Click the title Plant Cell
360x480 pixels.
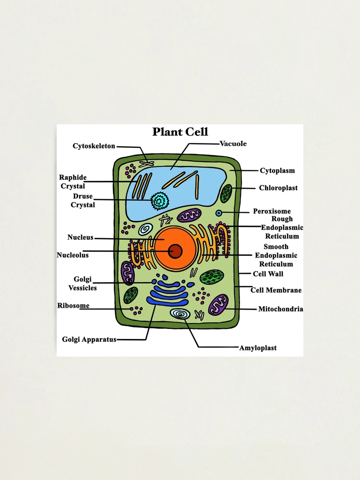[x=180, y=132]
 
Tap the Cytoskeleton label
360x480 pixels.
[x=94, y=146]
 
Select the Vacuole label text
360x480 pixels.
[x=233, y=144]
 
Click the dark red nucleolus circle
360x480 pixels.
[x=176, y=251]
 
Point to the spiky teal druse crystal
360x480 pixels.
[x=158, y=201]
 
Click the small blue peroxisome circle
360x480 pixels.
[x=219, y=213]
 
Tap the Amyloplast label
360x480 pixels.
[x=258, y=348]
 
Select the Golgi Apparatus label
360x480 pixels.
[x=89, y=339]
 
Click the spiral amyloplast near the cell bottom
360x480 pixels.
[x=180, y=314]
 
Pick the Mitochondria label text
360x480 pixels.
[x=280, y=309]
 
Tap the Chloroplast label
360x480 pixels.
[x=278, y=188]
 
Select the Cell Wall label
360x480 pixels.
[x=268, y=274]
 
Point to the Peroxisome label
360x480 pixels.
[x=272, y=211]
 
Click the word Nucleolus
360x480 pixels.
[x=72, y=255]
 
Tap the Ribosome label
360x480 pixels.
[x=73, y=306]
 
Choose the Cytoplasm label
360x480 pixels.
[x=277, y=170]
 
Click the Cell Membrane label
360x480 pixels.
[x=276, y=290]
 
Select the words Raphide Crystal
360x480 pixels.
[x=73, y=182]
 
